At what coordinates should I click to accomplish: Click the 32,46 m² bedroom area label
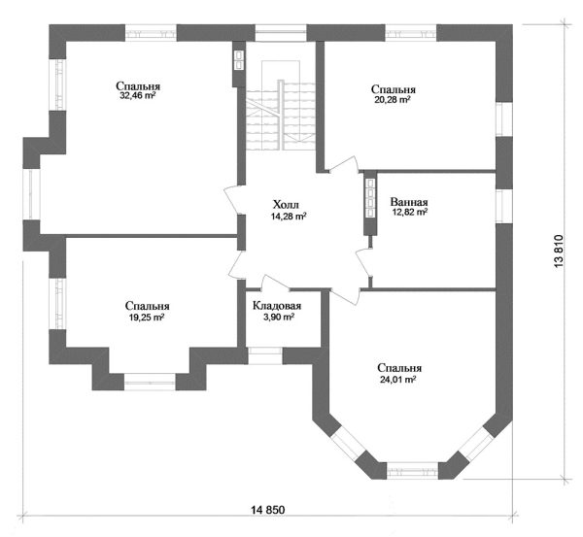pyautogui.click(x=137, y=96)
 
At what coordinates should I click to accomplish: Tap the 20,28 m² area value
pyautogui.click(x=393, y=100)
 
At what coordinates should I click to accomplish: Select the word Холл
pyautogui.click(x=286, y=204)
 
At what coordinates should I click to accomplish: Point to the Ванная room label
pyautogui.click(x=409, y=202)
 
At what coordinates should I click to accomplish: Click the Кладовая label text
pyautogui.click(x=277, y=306)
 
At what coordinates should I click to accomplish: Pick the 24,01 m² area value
pyautogui.click(x=397, y=380)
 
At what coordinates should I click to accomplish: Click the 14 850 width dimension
pyautogui.click(x=268, y=510)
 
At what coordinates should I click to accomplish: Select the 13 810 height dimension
pyautogui.click(x=559, y=252)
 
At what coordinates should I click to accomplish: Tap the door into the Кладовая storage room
pyautogui.click(x=275, y=284)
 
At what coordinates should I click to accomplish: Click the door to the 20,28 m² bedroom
pyautogui.click(x=345, y=165)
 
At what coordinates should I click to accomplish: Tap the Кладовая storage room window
pyautogui.click(x=265, y=355)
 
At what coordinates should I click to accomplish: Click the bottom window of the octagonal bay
pyautogui.click(x=412, y=470)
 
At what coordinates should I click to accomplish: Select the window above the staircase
pyautogui.click(x=281, y=33)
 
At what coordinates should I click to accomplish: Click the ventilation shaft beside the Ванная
pyautogui.click(x=371, y=198)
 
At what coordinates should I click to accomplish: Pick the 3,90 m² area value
pyautogui.click(x=277, y=318)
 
